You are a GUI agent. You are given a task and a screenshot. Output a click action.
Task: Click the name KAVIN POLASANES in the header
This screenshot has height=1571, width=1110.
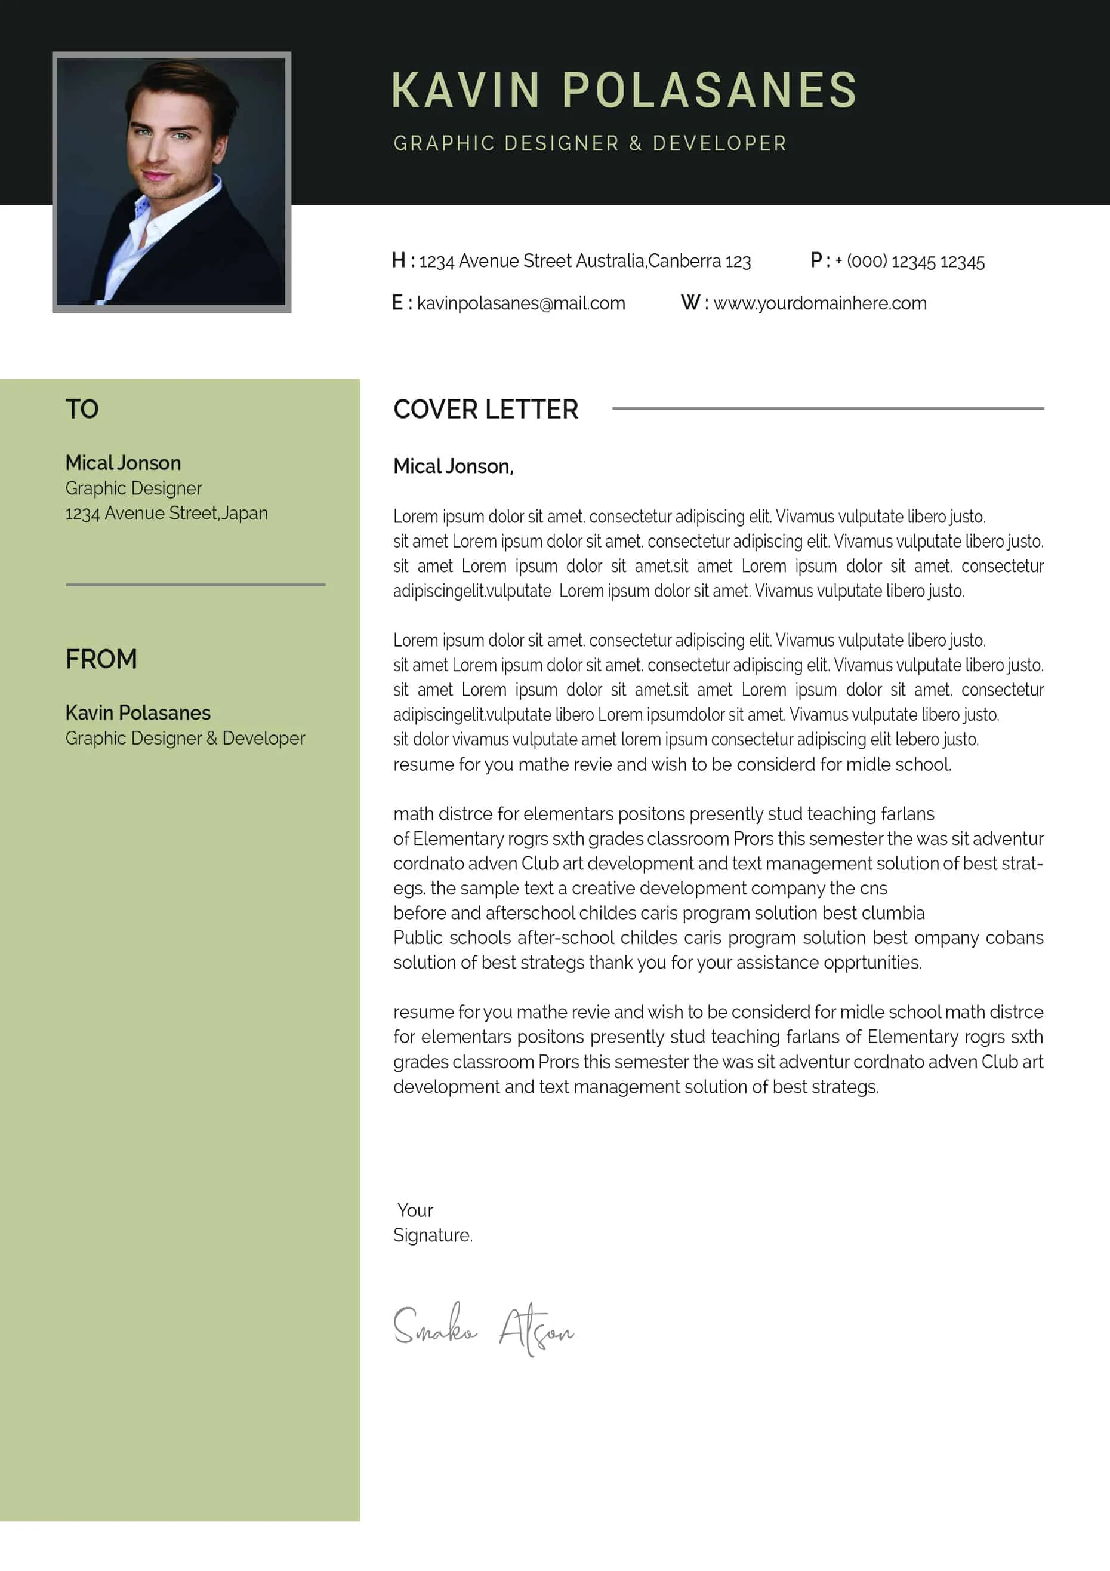624,90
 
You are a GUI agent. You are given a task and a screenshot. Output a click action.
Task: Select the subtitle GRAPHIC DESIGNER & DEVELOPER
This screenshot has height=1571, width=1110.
590,144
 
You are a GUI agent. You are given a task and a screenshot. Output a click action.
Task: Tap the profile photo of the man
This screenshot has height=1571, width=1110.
172,182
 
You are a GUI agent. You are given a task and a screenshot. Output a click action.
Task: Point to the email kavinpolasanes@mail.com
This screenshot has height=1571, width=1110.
520,303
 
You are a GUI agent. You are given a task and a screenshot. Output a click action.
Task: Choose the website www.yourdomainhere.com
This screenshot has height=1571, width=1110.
819,303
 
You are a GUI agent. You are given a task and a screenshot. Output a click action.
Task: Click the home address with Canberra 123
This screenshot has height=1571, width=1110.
584,262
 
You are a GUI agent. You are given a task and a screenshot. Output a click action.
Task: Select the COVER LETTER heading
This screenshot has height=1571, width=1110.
486,409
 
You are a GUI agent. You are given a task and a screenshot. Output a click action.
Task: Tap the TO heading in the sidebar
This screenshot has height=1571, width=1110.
82,409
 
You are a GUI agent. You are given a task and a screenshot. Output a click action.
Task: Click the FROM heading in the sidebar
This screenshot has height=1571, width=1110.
101,659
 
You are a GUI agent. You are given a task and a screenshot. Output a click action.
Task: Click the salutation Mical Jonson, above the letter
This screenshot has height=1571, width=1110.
453,467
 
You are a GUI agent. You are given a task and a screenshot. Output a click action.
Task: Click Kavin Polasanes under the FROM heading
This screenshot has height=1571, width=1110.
137,713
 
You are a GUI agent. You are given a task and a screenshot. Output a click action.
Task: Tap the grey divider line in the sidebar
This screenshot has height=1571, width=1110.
196,585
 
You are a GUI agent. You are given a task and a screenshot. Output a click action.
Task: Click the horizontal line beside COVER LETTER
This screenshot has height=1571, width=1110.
828,408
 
